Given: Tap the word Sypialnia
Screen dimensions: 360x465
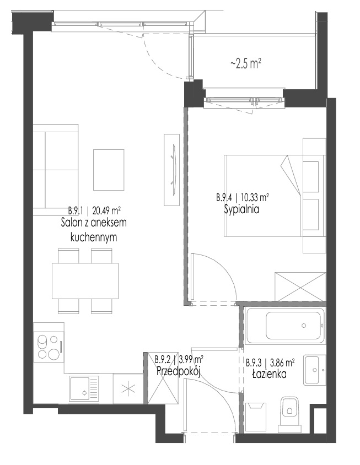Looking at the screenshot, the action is point(241,209).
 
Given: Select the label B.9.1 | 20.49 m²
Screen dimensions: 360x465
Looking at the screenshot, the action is point(94,211).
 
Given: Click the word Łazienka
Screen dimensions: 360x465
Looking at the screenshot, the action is point(269,374).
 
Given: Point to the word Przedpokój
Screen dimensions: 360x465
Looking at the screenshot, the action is point(179,371).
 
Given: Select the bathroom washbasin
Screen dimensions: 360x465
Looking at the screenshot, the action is point(315,370).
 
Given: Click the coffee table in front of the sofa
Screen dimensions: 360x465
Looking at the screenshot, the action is point(109,170).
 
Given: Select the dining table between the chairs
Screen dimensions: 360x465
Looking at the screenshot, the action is point(85,281).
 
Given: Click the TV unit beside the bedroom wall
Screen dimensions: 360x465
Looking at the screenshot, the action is point(172,170).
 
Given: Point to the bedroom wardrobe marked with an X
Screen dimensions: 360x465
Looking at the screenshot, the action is point(300,287).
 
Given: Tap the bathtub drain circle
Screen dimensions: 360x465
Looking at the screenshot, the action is point(304,326).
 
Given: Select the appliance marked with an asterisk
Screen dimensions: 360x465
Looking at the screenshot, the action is point(128,388).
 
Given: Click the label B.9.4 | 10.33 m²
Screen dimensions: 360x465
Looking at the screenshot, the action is point(243,197).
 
